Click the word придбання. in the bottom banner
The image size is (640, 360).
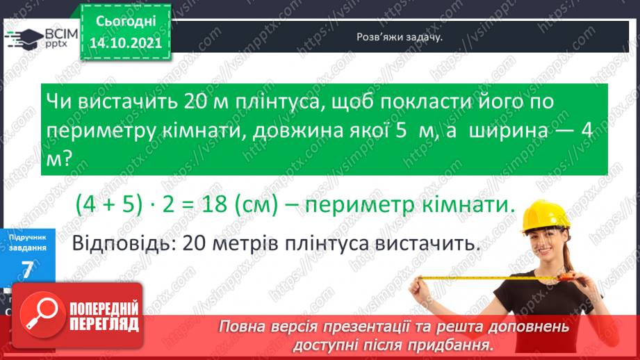pyautogui.click(x=457, y=344)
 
